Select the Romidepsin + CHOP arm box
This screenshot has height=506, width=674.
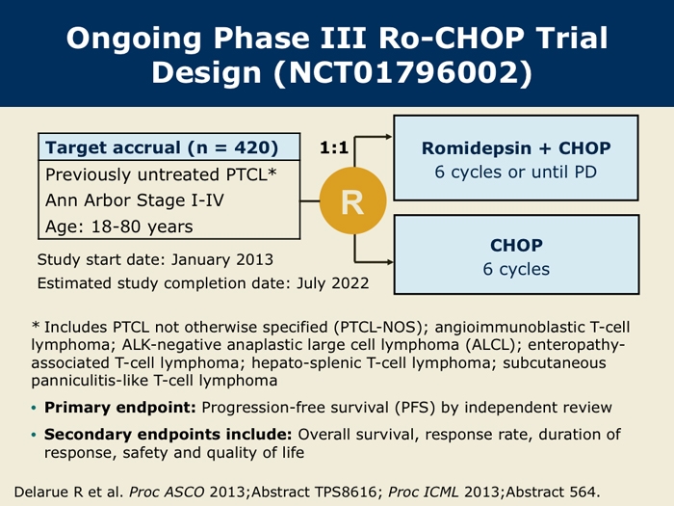click(x=516, y=158)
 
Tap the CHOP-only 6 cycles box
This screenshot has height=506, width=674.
click(x=516, y=254)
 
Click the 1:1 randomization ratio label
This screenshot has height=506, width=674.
click(x=336, y=147)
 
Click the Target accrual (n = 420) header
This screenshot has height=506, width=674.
click(x=162, y=148)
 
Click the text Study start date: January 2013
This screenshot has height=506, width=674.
click(x=155, y=259)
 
